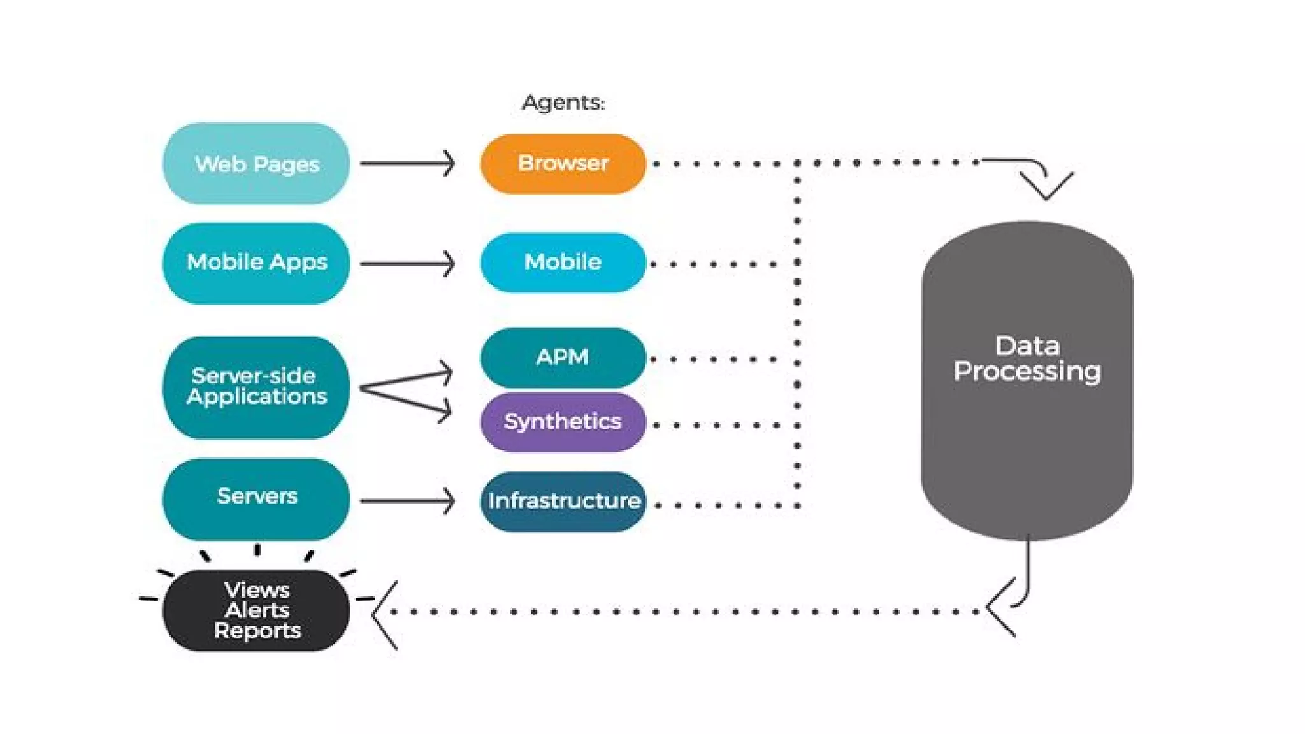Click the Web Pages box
[256, 164]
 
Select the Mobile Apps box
[256, 263]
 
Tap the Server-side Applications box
[256, 387]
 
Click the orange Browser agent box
[563, 164]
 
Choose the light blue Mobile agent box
[563, 263]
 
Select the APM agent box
[563, 357]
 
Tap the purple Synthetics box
[563, 422]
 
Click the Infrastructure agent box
[563, 501]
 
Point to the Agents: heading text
[563, 103]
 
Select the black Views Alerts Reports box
[256, 610]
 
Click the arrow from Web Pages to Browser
[408, 164]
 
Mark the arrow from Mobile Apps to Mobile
[408, 263]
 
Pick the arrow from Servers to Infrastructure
[408, 501]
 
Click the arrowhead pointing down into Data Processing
[1046, 185]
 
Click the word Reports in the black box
[257, 631]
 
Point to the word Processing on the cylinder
[1027, 371]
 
